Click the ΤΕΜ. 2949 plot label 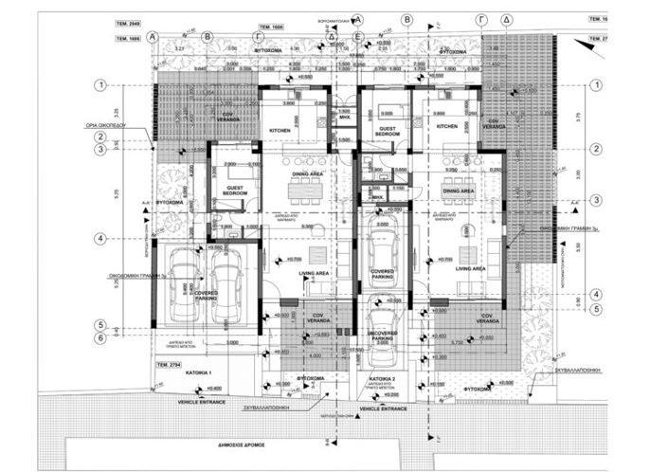tap(128, 18)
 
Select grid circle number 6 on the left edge tap(99, 336)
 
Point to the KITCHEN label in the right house tap(446, 126)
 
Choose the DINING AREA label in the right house tap(458, 191)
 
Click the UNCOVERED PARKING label tap(380, 338)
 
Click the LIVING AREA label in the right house tap(470, 269)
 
